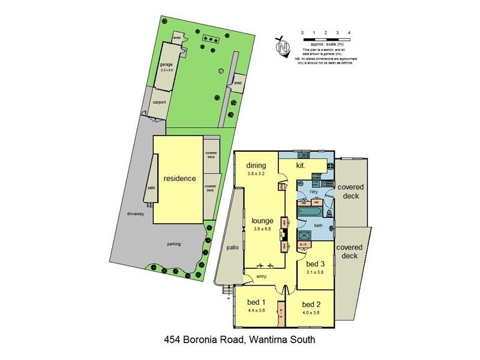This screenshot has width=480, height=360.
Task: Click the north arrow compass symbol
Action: (281, 44)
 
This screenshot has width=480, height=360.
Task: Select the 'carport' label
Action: (159, 103)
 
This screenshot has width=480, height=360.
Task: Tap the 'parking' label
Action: (174, 244)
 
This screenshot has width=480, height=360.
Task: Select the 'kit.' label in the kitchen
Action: (302, 164)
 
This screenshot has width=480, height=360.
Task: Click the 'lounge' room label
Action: (263, 220)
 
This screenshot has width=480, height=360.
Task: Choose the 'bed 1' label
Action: (256, 302)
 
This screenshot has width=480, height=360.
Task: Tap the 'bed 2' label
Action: (312, 304)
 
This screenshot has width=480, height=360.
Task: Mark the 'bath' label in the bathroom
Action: (319, 225)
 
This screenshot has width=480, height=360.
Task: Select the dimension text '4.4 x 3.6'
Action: (256, 311)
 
